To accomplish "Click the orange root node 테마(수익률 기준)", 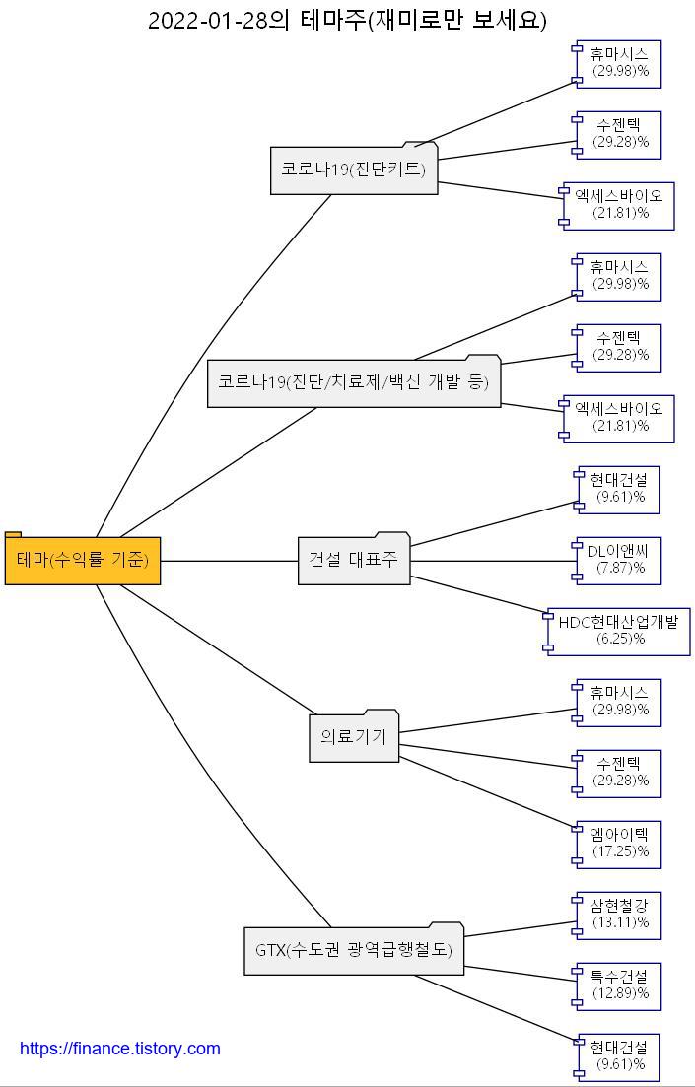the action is (x=83, y=561).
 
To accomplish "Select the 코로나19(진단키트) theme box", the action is (x=354, y=170).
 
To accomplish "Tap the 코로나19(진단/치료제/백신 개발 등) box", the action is (x=354, y=382).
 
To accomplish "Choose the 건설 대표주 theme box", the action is (x=354, y=561).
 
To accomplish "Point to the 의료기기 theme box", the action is (x=354, y=736).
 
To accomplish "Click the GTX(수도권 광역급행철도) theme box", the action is (x=354, y=951).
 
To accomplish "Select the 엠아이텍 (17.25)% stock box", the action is (x=620, y=845).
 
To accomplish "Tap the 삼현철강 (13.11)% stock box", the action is (x=620, y=916).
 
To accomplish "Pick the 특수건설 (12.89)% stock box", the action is (x=620, y=986).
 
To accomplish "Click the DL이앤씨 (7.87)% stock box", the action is (x=618, y=561).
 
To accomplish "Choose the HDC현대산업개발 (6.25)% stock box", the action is (x=619, y=632).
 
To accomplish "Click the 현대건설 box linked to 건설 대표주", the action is (x=619, y=490).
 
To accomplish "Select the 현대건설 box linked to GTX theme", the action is (x=619, y=1057).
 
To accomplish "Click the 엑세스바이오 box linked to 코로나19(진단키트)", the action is (x=619, y=206).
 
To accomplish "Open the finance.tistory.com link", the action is (x=120, y=1049).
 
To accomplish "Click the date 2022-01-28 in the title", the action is (x=208, y=21).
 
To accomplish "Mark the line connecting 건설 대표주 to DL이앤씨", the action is (x=493, y=561).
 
